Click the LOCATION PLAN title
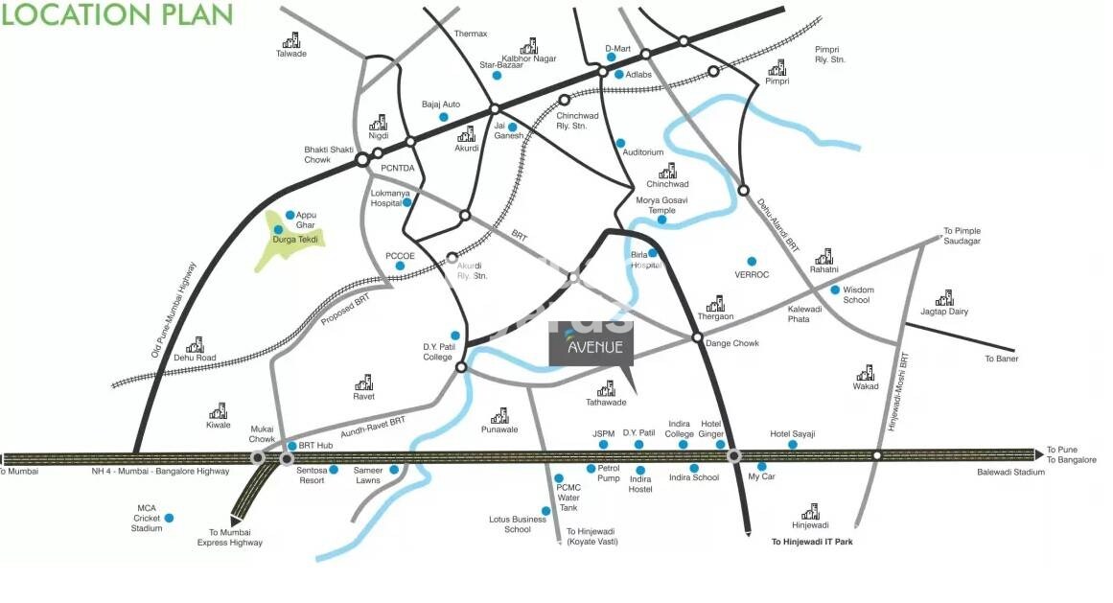(117, 15)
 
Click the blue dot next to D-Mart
(611, 58)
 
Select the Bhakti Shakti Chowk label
(329, 154)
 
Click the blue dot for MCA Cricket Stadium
(169, 518)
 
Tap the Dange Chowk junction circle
(697, 336)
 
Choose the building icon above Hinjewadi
(810, 511)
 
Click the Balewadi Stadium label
(1010, 473)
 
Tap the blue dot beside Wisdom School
(835, 290)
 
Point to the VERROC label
(753, 274)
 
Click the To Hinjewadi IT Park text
(812, 542)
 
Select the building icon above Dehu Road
(195, 344)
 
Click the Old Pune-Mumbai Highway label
(174, 310)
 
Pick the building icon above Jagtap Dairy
(944, 297)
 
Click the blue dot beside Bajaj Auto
(443, 117)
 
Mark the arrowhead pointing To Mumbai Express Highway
(235, 521)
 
